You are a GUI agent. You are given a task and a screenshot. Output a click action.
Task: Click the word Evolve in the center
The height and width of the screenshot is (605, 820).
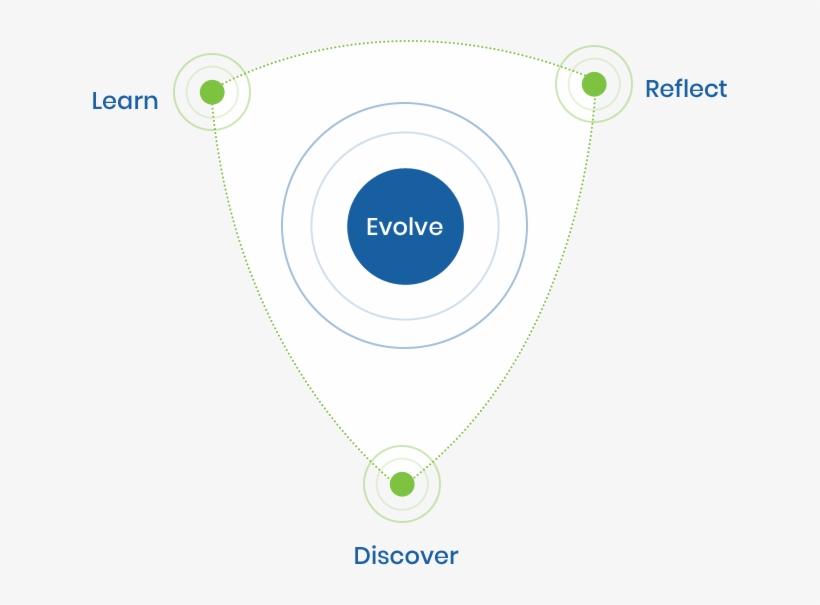[x=404, y=227]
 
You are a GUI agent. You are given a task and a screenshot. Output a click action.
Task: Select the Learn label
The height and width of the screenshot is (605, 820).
[x=124, y=101]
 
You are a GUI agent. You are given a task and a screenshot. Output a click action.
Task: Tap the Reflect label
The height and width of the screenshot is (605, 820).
[x=686, y=89]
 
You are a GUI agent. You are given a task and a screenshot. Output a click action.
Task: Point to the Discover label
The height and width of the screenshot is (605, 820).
[x=405, y=556]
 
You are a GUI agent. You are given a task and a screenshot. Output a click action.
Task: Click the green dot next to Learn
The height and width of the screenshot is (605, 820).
[x=212, y=92]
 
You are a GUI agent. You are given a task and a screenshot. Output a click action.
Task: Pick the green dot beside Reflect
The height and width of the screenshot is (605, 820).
[x=594, y=84]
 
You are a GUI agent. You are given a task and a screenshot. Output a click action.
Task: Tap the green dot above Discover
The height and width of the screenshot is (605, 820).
[x=402, y=484]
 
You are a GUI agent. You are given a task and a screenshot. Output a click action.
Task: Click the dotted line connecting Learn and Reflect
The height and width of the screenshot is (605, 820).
[x=405, y=41]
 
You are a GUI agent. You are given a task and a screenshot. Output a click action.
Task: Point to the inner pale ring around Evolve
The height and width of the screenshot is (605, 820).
[x=312, y=227]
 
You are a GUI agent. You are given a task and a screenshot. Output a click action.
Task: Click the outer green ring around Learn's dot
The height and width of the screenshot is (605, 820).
[x=175, y=92]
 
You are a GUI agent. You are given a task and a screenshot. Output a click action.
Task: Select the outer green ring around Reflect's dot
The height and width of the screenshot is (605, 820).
[x=631, y=84]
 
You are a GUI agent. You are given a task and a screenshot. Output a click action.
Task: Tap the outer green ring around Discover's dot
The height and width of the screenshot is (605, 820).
[x=364, y=484]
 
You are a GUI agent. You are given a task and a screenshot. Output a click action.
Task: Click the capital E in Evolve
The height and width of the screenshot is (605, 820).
[x=372, y=227]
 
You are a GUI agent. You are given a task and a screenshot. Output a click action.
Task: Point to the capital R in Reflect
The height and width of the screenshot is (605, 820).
[x=653, y=89]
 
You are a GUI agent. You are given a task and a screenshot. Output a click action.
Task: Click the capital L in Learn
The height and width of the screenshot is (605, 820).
[x=97, y=101]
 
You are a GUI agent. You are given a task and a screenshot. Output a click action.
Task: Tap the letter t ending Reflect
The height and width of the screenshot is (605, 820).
[x=723, y=89]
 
